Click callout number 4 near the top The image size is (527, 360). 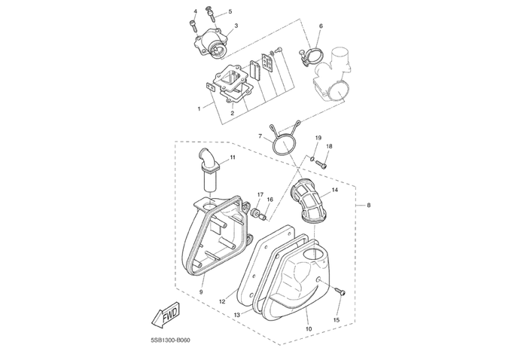pyautogui.click(x=195, y=11)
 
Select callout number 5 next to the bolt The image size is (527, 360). pyautogui.click(x=230, y=12)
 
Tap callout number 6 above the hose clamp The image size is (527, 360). pyautogui.click(x=321, y=26)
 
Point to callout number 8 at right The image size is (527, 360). pyautogui.click(x=368, y=205)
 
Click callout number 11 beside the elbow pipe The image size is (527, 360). pyautogui.click(x=233, y=157)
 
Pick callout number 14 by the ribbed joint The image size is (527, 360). pyautogui.click(x=334, y=191)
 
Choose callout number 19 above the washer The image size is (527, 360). pyautogui.click(x=318, y=139)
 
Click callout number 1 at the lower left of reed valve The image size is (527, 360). pyautogui.click(x=199, y=108)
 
